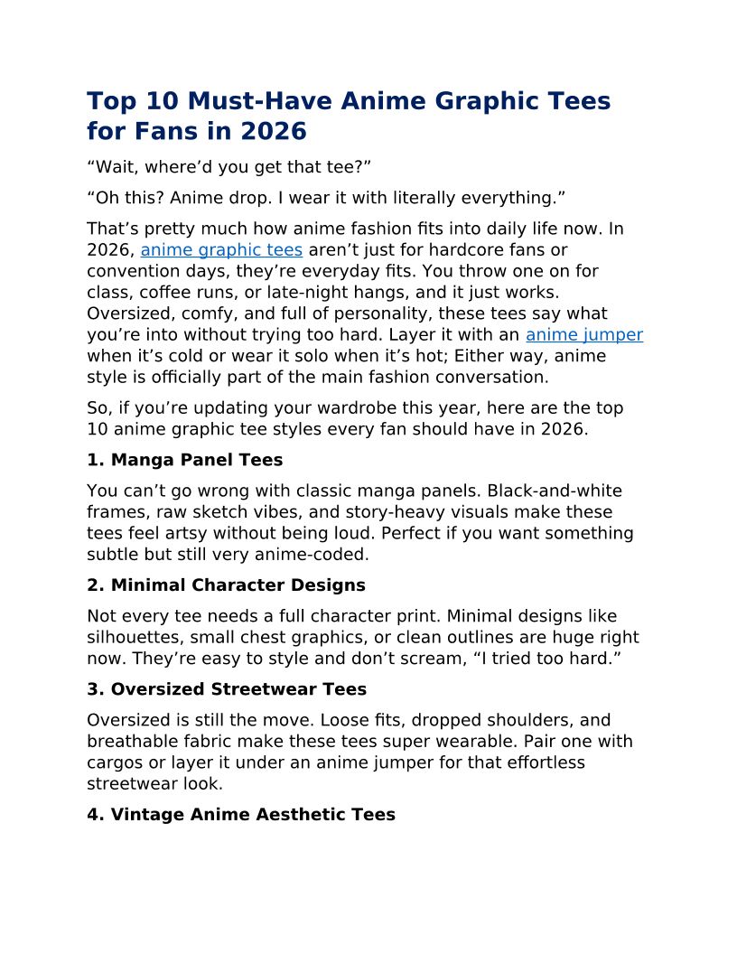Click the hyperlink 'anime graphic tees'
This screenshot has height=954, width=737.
tap(221, 250)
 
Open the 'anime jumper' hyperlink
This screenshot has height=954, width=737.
tap(584, 335)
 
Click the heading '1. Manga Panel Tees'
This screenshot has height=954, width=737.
tap(184, 460)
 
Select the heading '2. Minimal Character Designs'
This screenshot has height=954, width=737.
tap(226, 585)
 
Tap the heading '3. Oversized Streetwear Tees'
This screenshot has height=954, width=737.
tap(227, 689)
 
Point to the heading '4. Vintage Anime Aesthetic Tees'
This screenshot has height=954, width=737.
tap(241, 815)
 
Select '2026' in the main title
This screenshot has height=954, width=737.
tap(273, 132)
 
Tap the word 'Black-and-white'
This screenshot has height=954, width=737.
tap(555, 491)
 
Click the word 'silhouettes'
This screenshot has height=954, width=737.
tap(134, 638)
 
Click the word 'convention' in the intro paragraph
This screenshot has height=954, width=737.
tap(132, 271)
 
